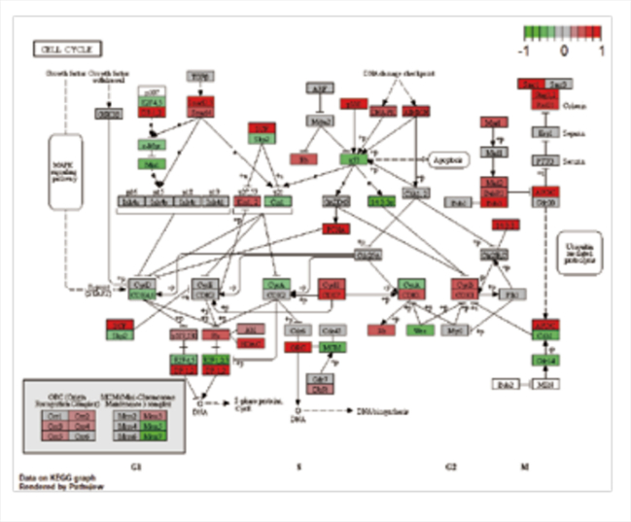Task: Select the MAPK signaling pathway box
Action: (70, 173)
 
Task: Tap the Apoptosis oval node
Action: (446, 157)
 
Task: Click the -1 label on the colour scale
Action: (525, 49)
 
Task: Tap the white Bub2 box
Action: (506, 385)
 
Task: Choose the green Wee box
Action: (420, 331)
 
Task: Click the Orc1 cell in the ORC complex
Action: (56, 416)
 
